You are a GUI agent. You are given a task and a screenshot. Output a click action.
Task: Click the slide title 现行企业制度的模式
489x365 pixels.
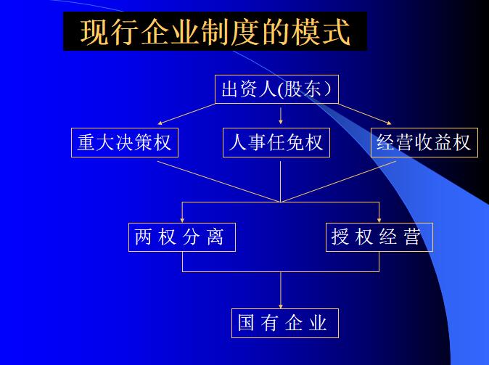pyautogui.click(x=215, y=32)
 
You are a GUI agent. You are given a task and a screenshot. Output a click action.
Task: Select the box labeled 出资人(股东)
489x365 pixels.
pyautogui.click(x=276, y=89)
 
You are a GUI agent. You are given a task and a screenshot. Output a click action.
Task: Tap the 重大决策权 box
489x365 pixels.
pyautogui.click(x=125, y=142)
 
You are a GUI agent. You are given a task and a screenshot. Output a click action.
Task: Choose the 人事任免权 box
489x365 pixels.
pyautogui.click(x=276, y=142)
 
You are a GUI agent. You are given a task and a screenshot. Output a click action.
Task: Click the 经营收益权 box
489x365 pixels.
pyautogui.click(x=424, y=142)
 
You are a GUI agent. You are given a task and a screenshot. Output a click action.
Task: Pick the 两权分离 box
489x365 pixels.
pyautogui.click(x=181, y=237)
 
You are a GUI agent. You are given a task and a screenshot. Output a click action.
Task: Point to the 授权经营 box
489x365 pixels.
pyautogui.click(x=379, y=237)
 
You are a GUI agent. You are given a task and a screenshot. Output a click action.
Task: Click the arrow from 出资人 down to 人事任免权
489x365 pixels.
pyautogui.click(x=281, y=115)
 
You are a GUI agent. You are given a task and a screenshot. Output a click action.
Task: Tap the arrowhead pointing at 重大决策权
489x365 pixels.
pyautogui.click(x=161, y=123)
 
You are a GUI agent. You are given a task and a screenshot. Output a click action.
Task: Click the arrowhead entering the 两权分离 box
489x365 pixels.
pyautogui.click(x=182, y=219)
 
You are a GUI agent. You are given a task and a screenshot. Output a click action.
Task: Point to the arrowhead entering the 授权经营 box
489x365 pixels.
pyautogui.click(x=379, y=219)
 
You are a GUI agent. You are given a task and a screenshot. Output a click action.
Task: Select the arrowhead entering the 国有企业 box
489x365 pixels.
pyautogui.click(x=281, y=305)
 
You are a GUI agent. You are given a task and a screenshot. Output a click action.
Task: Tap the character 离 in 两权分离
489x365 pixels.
pyautogui.click(x=215, y=237)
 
